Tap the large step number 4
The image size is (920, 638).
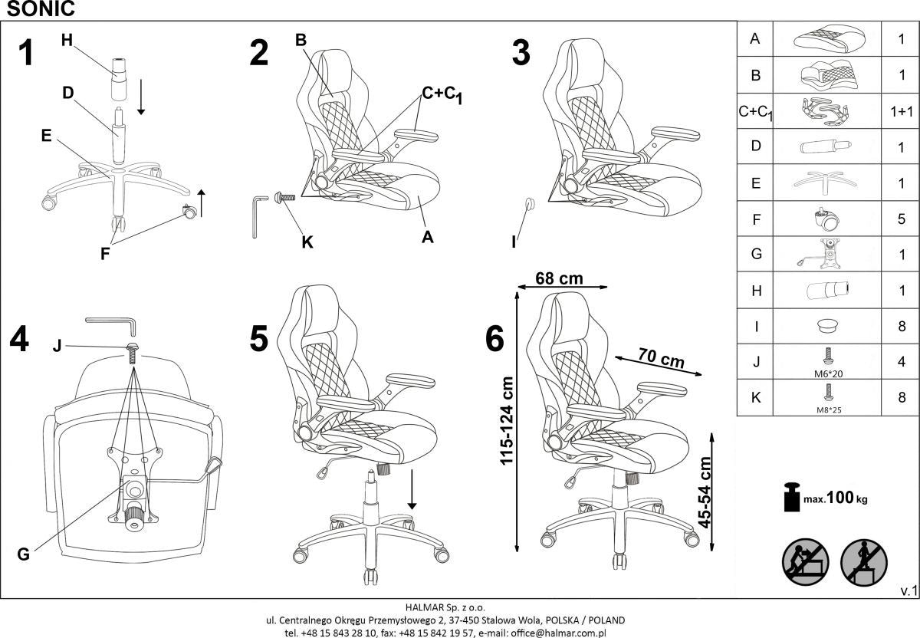(19, 340)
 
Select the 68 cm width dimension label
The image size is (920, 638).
(559, 278)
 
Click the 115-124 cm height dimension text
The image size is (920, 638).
(506, 421)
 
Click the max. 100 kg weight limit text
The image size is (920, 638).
(836, 498)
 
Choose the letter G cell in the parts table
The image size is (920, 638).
(755, 255)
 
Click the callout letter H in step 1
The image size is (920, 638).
(67, 41)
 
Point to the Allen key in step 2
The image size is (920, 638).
(259, 216)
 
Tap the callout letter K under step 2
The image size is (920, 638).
(307, 242)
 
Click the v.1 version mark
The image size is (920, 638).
(908, 591)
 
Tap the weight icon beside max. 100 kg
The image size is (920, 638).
(791, 497)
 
